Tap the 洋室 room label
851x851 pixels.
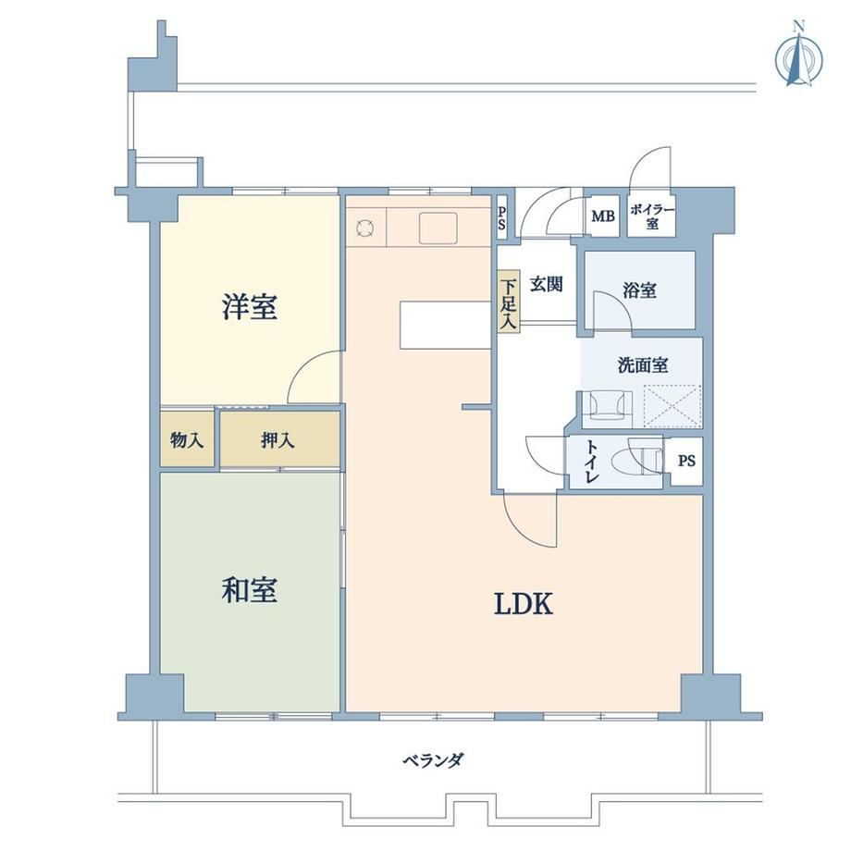(250, 307)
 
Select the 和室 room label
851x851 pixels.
(250, 590)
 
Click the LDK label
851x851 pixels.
(524, 604)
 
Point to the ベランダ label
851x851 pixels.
(433, 759)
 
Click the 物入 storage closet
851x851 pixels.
(187, 439)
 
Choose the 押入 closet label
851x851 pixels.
(277, 440)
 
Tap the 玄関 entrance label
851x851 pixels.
(546, 284)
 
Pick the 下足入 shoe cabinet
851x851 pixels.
(509, 302)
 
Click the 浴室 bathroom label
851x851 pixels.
(639, 290)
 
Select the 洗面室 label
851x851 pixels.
(643, 365)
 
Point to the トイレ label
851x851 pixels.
(592, 462)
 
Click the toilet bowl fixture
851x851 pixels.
(636, 462)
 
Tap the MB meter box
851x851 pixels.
(603, 216)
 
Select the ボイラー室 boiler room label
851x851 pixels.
(652, 216)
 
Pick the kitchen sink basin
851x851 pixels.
(438, 228)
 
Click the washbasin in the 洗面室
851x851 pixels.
(607, 405)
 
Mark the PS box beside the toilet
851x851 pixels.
(686, 462)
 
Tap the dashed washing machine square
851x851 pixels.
(672, 406)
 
